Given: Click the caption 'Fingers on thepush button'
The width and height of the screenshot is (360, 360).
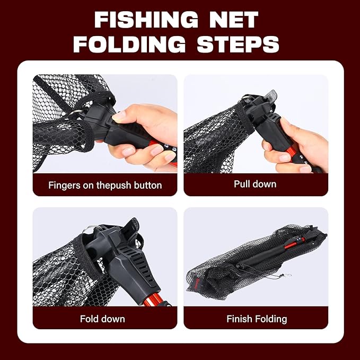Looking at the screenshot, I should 105,186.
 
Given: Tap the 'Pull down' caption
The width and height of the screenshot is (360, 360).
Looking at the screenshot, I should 255,185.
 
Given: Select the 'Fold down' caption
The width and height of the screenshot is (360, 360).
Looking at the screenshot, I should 102,319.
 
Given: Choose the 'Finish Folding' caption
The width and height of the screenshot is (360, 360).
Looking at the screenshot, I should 257,319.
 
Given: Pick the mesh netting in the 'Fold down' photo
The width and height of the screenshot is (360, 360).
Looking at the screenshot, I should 58,276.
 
